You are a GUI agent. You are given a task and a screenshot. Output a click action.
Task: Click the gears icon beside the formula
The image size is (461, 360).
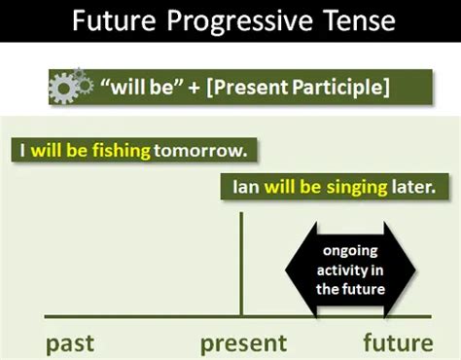[70, 88]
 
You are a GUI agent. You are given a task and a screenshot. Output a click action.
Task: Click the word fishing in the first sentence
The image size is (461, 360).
[120, 151]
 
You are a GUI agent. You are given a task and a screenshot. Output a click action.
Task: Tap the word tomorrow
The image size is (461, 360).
[203, 151]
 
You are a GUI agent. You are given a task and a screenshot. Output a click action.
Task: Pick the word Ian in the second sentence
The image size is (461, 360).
[245, 187]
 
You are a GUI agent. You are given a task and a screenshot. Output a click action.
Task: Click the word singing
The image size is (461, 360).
[353, 187]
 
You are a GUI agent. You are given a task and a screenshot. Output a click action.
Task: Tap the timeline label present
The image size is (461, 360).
[243, 342]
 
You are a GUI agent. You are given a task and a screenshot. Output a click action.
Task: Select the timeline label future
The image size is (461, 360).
[398, 342]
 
